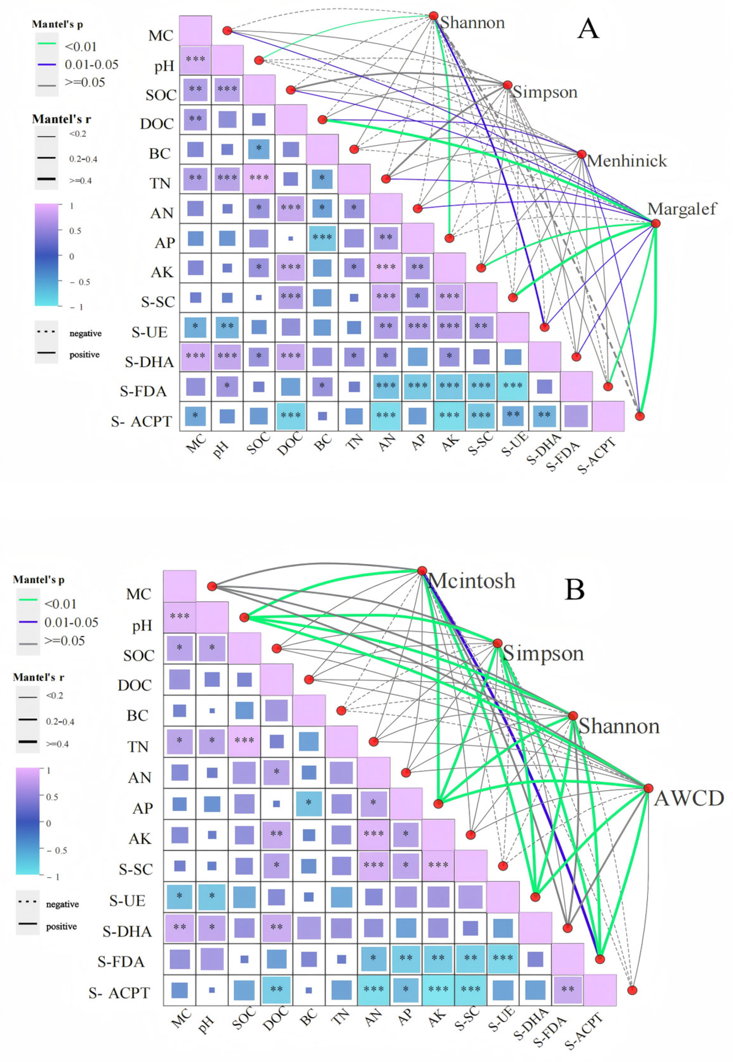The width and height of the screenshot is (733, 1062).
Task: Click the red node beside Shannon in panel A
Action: (x=433, y=16)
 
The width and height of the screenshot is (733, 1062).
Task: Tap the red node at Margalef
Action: (x=655, y=223)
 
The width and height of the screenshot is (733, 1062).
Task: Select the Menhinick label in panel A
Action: (x=627, y=161)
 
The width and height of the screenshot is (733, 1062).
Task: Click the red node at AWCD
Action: (x=648, y=788)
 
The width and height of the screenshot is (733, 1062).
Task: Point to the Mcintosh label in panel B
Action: (x=472, y=581)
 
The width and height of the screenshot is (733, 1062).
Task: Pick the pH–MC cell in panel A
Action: (x=195, y=60)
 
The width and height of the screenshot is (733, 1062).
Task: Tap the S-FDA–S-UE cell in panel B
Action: (x=503, y=958)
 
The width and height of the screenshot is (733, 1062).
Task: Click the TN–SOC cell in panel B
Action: (x=244, y=741)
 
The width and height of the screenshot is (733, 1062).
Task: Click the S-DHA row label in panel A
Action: (x=149, y=362)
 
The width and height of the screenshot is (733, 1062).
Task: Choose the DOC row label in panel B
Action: (x=134, y=685)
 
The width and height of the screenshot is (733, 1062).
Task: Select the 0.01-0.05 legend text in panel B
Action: (x=71, y=622)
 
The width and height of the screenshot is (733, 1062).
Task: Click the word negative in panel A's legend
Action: (x=85, y=333)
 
